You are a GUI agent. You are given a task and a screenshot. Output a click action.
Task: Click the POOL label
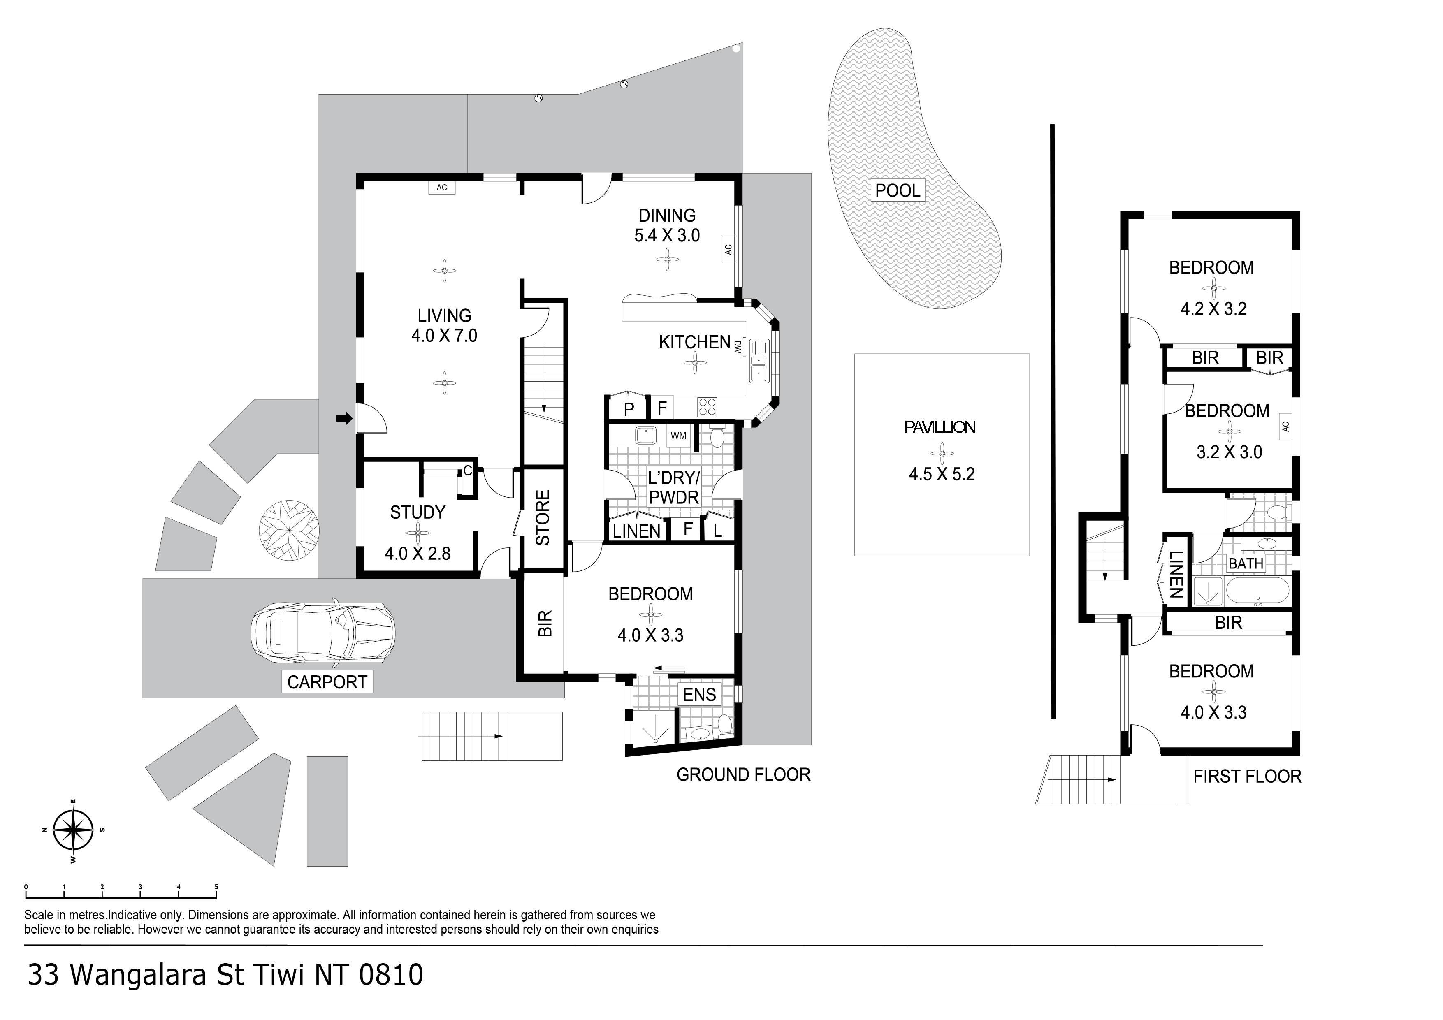(898, 190)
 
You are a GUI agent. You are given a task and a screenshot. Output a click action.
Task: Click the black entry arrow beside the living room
(344, 418)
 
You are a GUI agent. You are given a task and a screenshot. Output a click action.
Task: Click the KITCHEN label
(694, 343)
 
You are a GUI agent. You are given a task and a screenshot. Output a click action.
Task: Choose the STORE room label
(543, 517)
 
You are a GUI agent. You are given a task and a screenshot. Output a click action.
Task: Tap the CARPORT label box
(327, 682)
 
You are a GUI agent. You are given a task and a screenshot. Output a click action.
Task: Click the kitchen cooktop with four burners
(707, 407)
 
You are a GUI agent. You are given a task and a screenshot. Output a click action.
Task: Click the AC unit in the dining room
(728, 250)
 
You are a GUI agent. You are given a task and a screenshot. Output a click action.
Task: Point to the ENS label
(699, 694)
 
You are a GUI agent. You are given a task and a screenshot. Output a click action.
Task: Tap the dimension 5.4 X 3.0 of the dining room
(667, 236)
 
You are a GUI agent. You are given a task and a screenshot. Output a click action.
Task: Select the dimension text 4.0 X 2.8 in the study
(418, 554)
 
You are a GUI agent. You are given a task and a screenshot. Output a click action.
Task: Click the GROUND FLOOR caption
(743, 775)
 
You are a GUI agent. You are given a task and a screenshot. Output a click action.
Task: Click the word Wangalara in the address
(138, 975)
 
